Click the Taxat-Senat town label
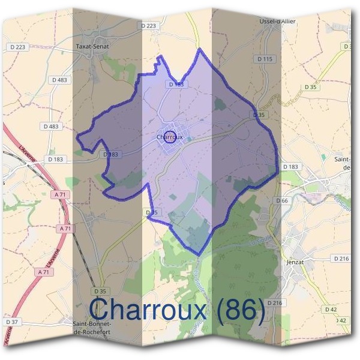pyautogui.click(x=91, y=45)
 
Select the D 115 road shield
pyautogui.click(x=265, y=59)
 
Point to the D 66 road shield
pyautogui.click(x=282, y=200)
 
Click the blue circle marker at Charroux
pyautogui.click(x=170, y=137)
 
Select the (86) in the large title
pyautogui.click(x=241, y=310)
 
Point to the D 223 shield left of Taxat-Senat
pyautogui.click(x=18, y=47)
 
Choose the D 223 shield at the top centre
pyautogui.click(x=149, y=25)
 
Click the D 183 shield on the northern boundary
pyautogui.click(x=178, y=85)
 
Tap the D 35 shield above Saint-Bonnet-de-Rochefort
pyautogui.click(x=100, y=292)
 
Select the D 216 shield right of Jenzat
pyautogui.click(x=340, y=258)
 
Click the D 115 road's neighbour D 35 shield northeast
pyautogui.click(x=310, y=87)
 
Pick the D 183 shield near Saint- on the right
pyautogui.click(x=290, y=166)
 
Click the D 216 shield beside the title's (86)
pyautogui.click(x=274, y=303)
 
